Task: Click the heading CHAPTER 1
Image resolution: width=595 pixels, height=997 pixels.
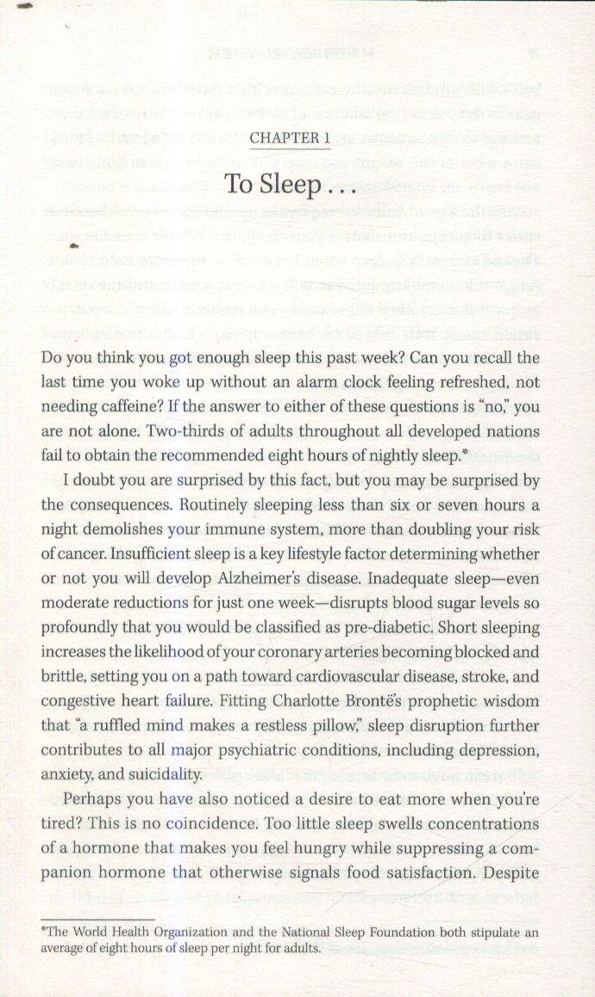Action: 289,138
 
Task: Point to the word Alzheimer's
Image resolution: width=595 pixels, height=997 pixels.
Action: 298,579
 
